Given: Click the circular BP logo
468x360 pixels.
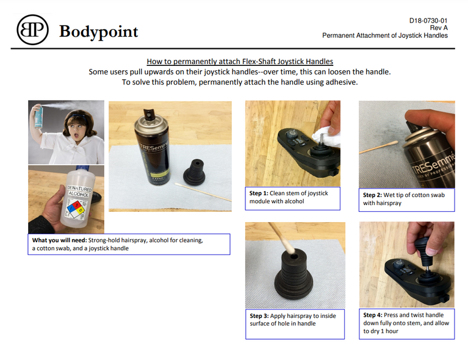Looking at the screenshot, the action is click(x=32, y=29).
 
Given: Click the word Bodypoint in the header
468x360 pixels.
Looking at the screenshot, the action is click(x=98, y=32).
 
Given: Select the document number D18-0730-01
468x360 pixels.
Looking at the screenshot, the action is click(x=428, y=21).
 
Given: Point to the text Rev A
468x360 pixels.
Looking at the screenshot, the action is click(x=439, y=27).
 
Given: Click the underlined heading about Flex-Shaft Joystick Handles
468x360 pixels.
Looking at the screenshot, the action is click(x=240, y=62).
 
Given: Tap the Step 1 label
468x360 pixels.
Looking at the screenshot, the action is click(x=259, y=193).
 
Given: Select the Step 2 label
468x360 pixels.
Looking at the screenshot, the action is click(x=372, y=195).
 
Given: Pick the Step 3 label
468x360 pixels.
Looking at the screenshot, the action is click(x=259, y=316).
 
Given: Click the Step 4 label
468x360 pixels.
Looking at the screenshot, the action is click(x=372, y=315).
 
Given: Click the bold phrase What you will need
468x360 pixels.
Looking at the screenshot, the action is click(x=59, y=240).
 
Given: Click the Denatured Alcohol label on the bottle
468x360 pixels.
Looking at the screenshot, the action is click(x=79, y=192).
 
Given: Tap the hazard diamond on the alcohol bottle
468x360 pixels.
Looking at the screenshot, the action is click(x=76, y=209).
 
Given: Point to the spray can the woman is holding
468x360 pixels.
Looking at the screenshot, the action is click(x=38, y=117).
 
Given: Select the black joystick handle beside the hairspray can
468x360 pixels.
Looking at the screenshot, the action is click(x=194, y=172).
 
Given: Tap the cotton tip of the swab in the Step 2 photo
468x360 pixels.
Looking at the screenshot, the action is click(x=393, y=143).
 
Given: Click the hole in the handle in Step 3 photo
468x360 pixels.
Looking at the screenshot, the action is click(x=294, y=257).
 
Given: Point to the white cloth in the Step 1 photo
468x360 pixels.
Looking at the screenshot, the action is click(x=326, y=137).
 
